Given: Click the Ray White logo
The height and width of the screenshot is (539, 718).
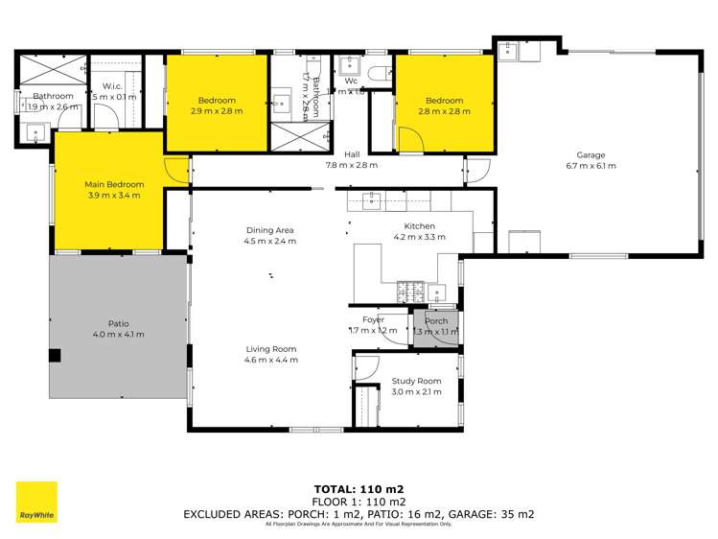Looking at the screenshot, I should click(36, 502).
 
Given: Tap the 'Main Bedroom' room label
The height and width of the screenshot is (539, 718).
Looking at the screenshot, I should click(114, 185).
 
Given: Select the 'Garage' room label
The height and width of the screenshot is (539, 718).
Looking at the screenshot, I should click(591, 155).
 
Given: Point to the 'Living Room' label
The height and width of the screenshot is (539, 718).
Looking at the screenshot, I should click(270, 349).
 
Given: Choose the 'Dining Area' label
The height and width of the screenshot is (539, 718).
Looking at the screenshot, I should click(270, 230).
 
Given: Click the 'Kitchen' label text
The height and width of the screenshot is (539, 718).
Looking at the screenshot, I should click(419, 226).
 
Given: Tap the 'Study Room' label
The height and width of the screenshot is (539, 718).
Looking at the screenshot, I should click(416, 381).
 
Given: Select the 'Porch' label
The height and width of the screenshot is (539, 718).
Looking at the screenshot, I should click(436, 321).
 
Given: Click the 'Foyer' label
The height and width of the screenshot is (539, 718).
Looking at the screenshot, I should click(373, 319).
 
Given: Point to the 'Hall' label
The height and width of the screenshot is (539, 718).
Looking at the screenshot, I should click(352, 153).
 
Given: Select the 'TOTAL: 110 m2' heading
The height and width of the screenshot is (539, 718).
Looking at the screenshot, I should click(359, 488).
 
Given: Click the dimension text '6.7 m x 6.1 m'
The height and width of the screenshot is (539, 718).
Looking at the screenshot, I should click(591, 166).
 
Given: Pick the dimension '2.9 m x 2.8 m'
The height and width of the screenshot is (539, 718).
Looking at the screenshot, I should click(217, 111).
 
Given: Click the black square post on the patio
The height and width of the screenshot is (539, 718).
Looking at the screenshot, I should click(55, 356).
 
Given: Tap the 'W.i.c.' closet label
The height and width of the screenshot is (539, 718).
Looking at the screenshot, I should click(113, 87).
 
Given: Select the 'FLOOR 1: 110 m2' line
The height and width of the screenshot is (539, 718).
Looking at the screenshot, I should click(359, 501).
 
